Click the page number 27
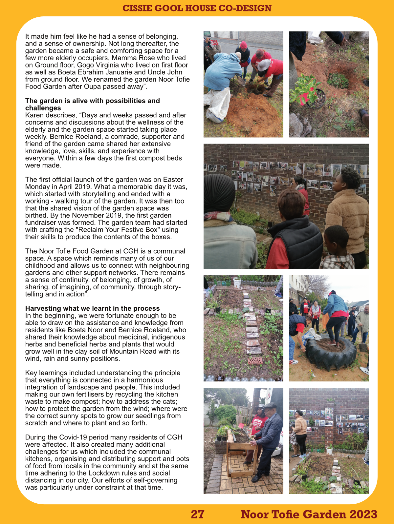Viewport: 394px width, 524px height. [x=197, y=514]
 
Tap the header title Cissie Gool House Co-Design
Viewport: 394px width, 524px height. [x=197, y=8]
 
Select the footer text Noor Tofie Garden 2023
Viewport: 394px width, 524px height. [x=309, y=514]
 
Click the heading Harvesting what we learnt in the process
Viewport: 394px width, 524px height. [x=92, y=308]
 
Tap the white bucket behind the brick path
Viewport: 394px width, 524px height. [x=237, y=282]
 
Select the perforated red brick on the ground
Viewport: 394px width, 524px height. [x=255, y=361]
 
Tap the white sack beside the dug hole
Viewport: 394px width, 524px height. [x=216, y=105]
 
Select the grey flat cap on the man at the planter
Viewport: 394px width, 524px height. [x=270, y=405]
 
